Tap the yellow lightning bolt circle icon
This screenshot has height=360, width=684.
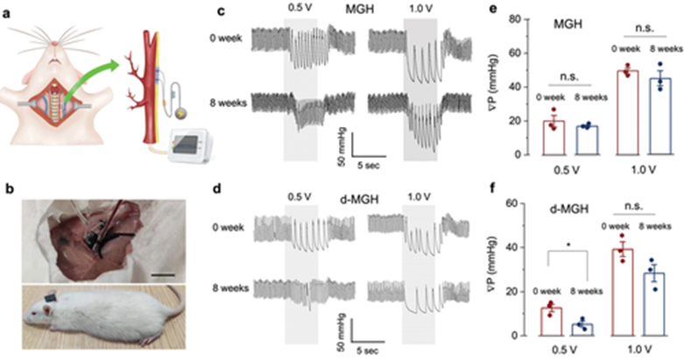point(180,114)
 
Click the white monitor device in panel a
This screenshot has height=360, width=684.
point(192,145)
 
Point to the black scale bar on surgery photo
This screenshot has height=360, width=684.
point(164,275)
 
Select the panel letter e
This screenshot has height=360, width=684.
point(494,9)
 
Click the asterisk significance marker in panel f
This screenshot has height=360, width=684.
point(568,245)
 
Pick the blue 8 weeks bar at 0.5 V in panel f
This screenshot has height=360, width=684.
point(582,329)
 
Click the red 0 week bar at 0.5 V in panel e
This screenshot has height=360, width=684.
point(554,138)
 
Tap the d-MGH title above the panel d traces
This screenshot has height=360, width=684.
point(359,200)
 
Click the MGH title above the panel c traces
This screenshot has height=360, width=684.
point(359,9)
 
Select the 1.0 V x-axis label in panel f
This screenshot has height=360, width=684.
point(641,349)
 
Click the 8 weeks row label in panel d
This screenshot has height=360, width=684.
point(230,288)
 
